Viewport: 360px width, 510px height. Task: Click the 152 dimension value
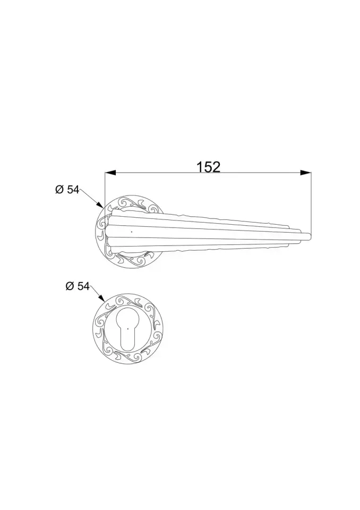pos(209,167)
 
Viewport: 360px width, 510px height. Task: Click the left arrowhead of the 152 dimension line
pos(110,172)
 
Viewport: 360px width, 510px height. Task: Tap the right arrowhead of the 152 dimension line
pos(305,172)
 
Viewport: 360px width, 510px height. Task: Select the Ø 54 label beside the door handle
pos(67,190)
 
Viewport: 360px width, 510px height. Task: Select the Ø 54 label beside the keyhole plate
pos(78,286)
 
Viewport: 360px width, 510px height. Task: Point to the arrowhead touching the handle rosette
pos(100,204)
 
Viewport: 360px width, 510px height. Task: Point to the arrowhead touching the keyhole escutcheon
pos(101,298)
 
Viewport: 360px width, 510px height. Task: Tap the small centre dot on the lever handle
pos(131,232)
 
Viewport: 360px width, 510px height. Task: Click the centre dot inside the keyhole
pos(128,328)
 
